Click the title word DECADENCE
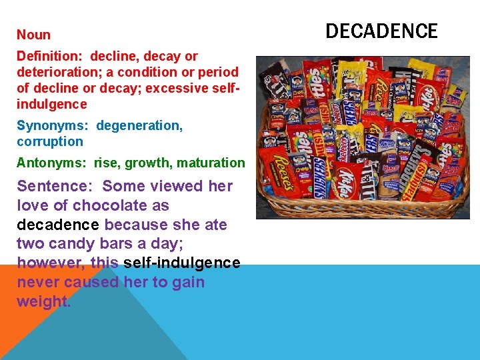click(x=381, y=31)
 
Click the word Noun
click(x=33, y=35)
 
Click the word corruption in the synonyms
click(x=50, y=141)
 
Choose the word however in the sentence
click(x=51, y=263)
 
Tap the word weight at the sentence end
click(x=43, y=301)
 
